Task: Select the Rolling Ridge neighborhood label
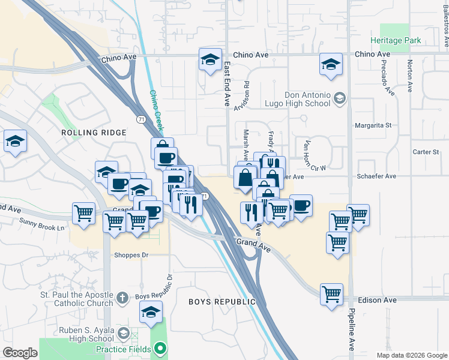(94, 133)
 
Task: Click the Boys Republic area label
(218, 301)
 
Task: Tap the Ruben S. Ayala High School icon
(124, 334)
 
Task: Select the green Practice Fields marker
(160, 349)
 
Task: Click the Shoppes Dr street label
(131, 255)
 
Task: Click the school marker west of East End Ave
(210, 60)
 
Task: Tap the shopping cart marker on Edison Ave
(331, 294)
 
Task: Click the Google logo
(20, 353)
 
